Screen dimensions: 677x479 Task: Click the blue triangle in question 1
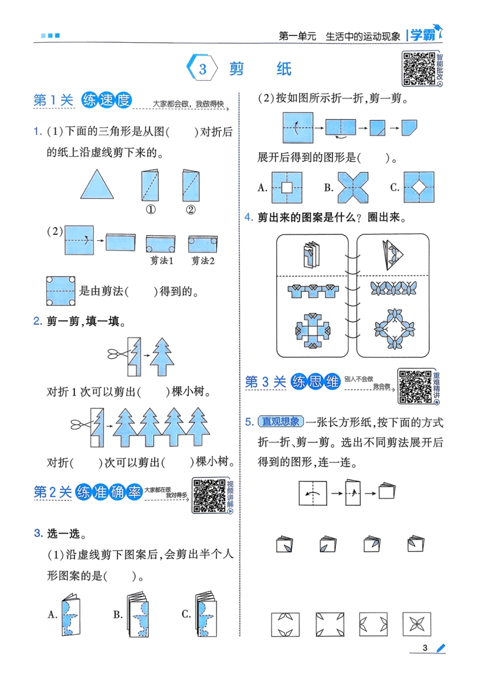pyautogui.click(x=97, y=184)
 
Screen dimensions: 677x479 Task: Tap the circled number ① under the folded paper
pyautogui.click(x=150, y=210)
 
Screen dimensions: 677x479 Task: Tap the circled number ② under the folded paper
pyautogui.click(x=191, y=210)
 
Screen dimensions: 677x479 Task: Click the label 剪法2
pyautogui.click(x=202, y=261)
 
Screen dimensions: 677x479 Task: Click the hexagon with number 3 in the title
pyautogui.click(x=202, y=69)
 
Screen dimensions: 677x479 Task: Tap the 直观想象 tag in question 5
pyautogui.click(x=281, y=421)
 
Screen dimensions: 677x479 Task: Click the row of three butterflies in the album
pyautogui.click(x=393, y=288)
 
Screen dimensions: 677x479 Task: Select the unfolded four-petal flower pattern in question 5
pyautogui.click(x=417, y=624)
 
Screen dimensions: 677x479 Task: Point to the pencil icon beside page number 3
pyautogui.click(x=441, y=648)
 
